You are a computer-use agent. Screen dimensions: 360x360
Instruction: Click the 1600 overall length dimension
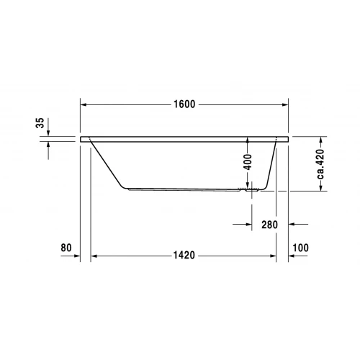(x=184, y=104)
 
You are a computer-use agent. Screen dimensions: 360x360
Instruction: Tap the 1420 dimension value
(x=184, y=256)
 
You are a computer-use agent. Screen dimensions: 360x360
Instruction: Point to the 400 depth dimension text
(x=248, y=162)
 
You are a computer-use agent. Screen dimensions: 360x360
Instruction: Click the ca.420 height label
(x=322, y=163)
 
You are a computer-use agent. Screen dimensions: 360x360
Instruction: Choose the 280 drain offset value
(x=270, y=225)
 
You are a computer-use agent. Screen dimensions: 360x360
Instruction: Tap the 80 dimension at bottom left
(x=66, y=248)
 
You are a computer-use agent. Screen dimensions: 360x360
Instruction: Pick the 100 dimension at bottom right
(x=301, y=248)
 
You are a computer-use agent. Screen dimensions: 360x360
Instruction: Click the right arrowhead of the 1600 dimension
(x=286, y=104)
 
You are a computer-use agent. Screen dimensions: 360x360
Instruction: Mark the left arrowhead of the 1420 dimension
(x=94, y=256)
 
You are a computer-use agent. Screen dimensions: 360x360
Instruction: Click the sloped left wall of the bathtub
(x=107, y=165)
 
